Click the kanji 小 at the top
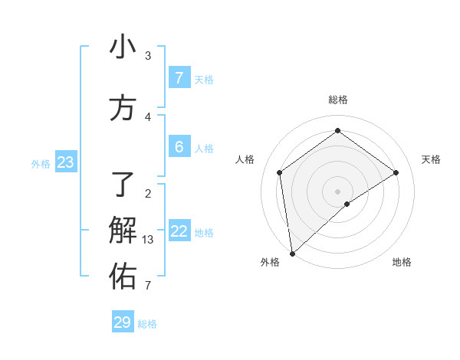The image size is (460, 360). pyautogui.click(x=123, y=47)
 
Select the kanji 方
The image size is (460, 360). pyautogui.click(x=123, y=109)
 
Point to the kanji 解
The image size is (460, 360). pyautogui.click(x=123, y=230)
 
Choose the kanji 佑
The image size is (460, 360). pyautogui.click(x=123, y=277)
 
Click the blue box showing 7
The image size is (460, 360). pyautogui.click(x=179, y=78)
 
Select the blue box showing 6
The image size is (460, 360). pyautogui.click(x=179, y=147)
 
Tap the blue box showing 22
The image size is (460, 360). pyautogui.click(x=179, y=231)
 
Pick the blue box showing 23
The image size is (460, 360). pyautogui.click(x=65, y=162)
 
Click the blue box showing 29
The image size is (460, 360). pyautogui.click(x=123, y=322)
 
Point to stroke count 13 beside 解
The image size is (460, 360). pyautogui.click(x=148, y=239)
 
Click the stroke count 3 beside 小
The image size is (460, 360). pyautogui.click(x=148, y=56)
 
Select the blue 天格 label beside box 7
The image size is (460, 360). pyautogui.click(x=204, y=80)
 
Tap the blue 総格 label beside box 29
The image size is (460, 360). pyautogui.click(x=147, y=324)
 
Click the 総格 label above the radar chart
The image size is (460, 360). pyautogui.click(x=338, y=100)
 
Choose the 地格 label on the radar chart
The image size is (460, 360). pyautogui.click(x=402, y=262)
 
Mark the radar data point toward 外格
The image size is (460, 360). pyautogui.click(x=291, y=253)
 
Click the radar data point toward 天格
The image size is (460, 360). pyautogui.click(x=396, y=172)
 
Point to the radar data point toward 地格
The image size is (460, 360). pyautogui.click(x=347, y=204)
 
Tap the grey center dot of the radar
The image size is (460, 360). pyautogui.click(x=338, y=191)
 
